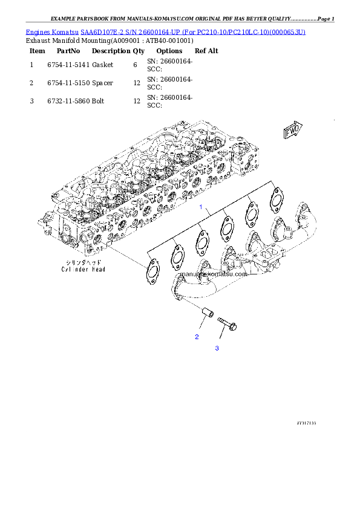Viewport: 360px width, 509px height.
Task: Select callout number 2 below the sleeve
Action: [x=197, y=337]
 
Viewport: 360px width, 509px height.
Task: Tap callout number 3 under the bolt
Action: [x=217, y=348]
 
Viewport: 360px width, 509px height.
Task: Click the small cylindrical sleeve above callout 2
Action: [x=207, y=314]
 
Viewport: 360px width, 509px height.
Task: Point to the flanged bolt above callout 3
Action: [x=227, y=323]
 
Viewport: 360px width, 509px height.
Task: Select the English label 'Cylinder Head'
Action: [x=82, y=269]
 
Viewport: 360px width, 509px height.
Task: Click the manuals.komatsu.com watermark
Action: [x=214, y=273]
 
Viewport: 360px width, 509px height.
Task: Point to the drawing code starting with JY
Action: [x=306, y=423]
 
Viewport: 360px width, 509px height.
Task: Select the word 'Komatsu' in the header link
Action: [x=65, y=31]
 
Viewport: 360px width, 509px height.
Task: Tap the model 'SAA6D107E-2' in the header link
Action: [x=100, y=31]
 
